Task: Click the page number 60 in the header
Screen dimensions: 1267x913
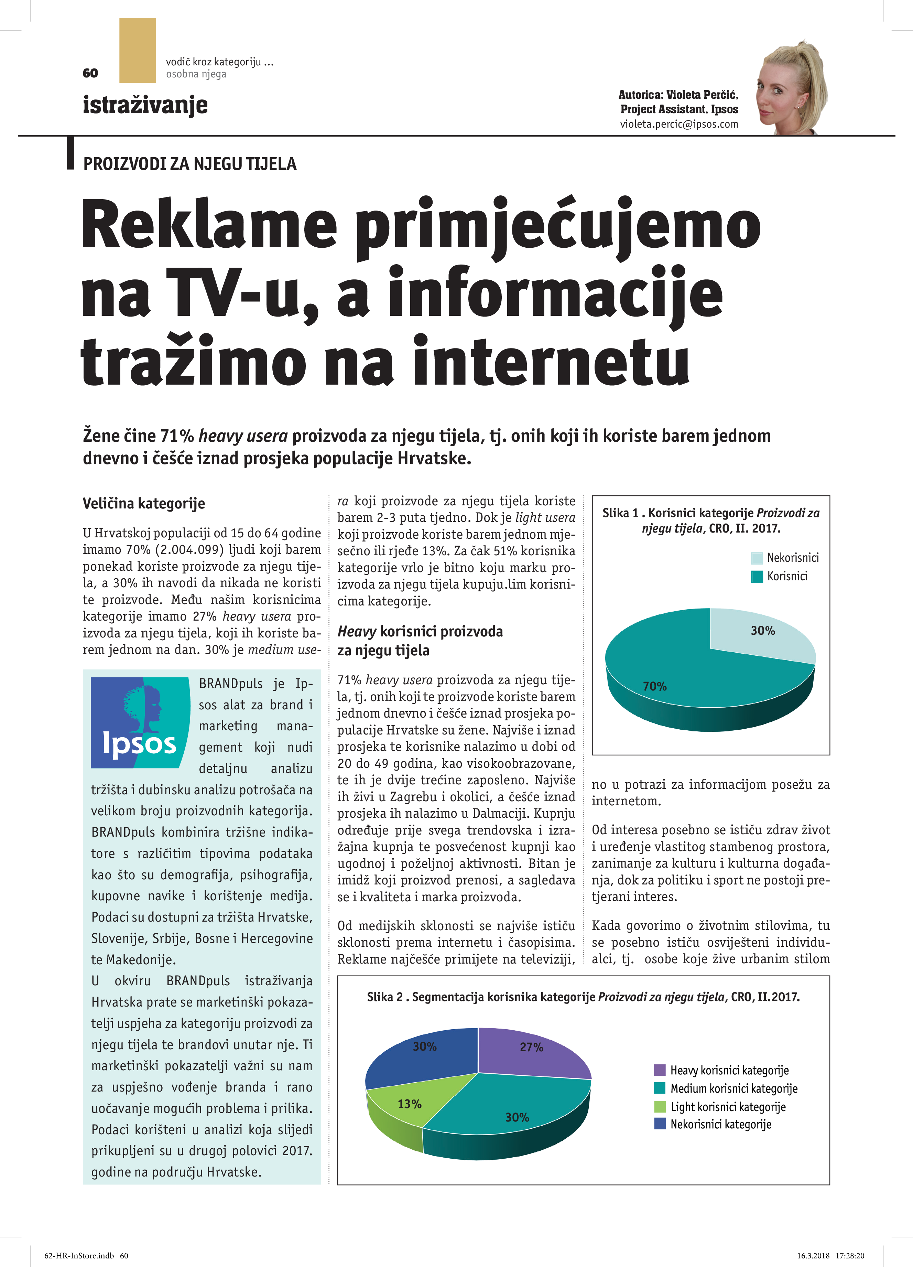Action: click(90, 73)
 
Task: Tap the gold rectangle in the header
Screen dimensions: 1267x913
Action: click(137, 50)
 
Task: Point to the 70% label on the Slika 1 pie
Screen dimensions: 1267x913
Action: click(654, 686)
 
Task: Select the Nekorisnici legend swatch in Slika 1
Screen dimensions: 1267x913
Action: click(757, 558)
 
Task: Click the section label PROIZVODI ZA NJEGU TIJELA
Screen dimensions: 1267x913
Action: click(190, 164)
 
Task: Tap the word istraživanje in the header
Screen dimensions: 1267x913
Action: click(145, 105)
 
